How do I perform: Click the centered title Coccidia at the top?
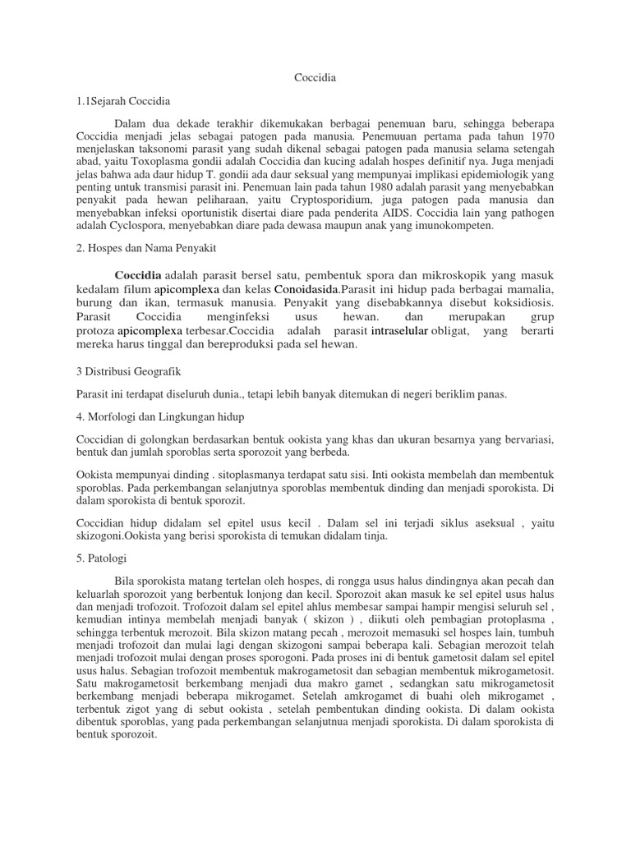[x=315, y=77]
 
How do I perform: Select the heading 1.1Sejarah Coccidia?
[x=122, y=101]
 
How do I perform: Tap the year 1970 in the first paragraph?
[x=537, y=136]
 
